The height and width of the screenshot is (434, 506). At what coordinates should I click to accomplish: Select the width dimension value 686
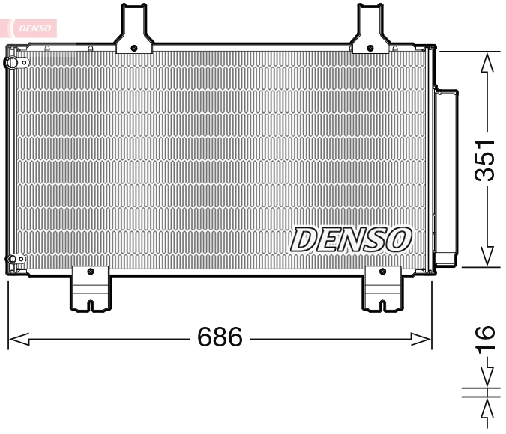220,338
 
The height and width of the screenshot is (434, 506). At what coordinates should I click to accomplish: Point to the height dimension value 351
487,159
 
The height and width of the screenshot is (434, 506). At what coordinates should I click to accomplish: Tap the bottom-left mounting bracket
90,288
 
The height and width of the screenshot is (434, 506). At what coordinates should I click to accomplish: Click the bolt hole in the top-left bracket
133,48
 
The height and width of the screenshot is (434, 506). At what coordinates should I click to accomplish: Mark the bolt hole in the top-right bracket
370,48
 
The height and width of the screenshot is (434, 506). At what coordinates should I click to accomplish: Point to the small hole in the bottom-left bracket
90,271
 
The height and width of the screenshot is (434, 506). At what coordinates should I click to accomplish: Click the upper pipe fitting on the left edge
11,63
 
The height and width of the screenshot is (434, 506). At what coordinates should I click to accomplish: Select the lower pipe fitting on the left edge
11,260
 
